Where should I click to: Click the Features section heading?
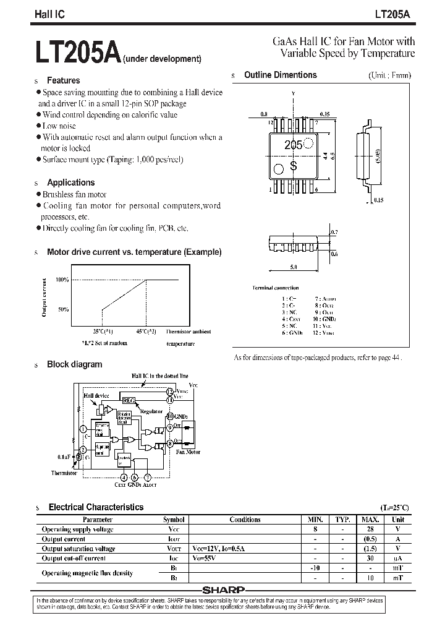tap(63, 80)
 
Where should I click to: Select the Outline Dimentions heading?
tap(280, 75)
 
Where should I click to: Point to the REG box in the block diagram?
tap(129, 400)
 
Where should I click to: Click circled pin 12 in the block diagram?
tap(170, 392)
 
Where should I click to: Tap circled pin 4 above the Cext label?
tap(124, 477)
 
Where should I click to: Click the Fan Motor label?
tap(189, 452)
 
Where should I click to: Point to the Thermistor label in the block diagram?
tap(64, 473)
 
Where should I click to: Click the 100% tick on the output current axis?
tap(62, 280)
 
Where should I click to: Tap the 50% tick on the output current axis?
tap(63, 309)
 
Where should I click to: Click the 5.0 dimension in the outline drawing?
tap(293, 267)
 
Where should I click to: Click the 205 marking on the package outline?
tap(293, 145)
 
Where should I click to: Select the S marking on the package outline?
tap(294, 166)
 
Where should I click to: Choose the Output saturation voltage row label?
tap(78, 549)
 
